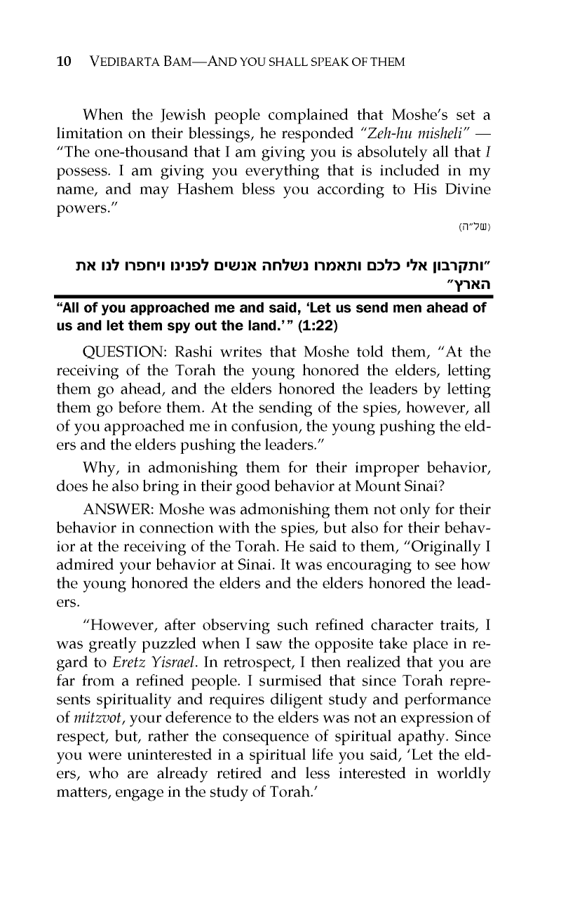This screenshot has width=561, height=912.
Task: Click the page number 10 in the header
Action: coord(63,62)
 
